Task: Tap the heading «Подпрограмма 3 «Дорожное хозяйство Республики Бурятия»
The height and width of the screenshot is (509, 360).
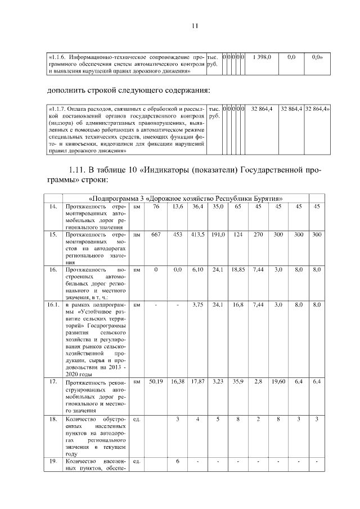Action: coord(186,198)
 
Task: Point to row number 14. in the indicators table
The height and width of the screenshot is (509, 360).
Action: coord(52,207)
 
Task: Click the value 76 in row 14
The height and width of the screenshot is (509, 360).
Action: coord(156,207)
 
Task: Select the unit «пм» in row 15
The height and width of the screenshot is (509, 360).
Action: coord(137,234)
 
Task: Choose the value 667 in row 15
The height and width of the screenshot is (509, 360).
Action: coord(156,234)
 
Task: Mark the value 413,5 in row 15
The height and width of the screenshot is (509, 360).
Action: coord(197,234)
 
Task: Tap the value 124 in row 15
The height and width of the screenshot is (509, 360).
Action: coord(238,234)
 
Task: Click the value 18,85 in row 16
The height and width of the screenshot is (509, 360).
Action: coord(238,270)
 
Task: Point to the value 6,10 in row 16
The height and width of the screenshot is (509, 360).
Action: coord(197,270)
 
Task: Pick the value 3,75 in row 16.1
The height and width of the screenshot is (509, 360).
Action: coord(197,305)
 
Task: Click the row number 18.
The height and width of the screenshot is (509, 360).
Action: coord(52,419)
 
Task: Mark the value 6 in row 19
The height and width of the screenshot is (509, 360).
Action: coord(178,462)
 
